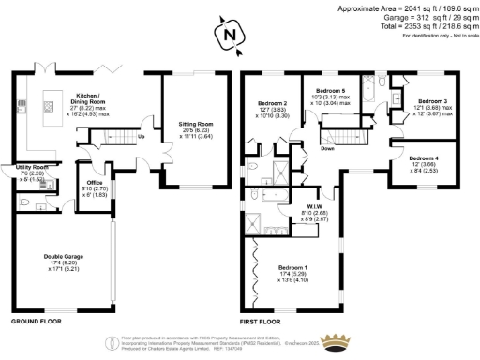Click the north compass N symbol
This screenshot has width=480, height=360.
tap(229, 37)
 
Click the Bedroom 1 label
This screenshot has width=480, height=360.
tap(294, 268)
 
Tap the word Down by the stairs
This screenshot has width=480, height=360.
tap(328, 147)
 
